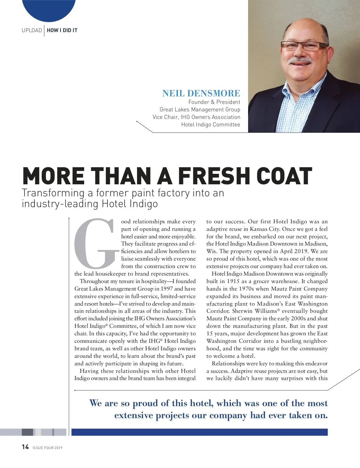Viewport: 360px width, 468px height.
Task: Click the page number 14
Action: [x=25, y=447]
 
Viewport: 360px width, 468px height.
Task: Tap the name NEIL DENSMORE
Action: [x=201, y=93]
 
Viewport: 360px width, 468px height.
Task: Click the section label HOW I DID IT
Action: [x=62, y=30]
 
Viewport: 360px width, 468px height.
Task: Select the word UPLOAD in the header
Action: [x=32, y=30]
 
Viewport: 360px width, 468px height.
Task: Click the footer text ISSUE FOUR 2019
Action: [x=47, y=448]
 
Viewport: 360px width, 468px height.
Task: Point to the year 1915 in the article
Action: [x=233, y=281]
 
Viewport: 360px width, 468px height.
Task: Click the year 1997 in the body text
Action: [x=167, y=289]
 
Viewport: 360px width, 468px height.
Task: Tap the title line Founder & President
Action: [x=214, y=102]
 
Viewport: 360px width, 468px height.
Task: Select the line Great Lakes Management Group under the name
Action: [x=200, y=110]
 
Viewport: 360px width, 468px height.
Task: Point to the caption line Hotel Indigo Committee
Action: [x=211, y=125]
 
